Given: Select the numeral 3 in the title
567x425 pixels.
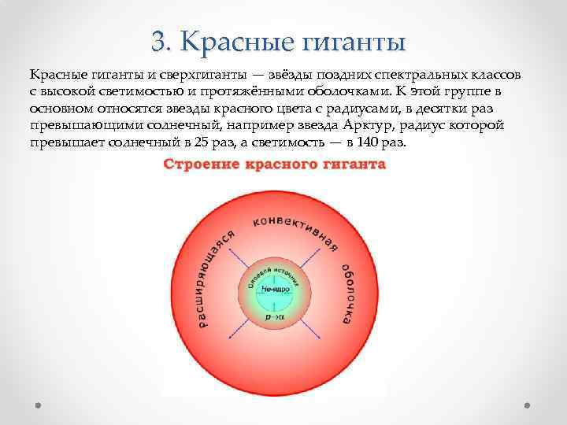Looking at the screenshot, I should (157, 40).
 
